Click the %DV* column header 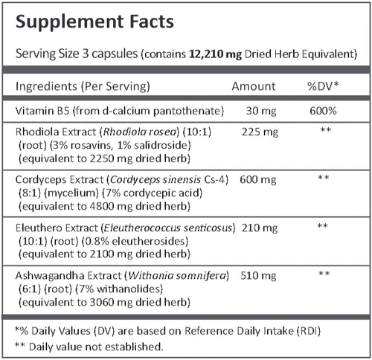(323, 86)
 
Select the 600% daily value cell (322, 111)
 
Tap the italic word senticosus (205, 226)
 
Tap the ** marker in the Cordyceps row (323, 179)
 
